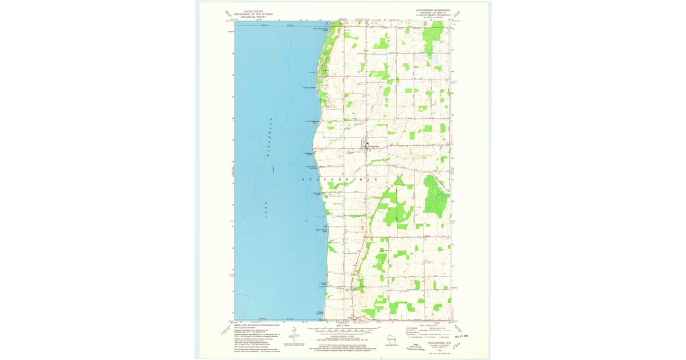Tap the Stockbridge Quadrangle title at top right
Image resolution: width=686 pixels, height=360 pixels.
click(433, 10)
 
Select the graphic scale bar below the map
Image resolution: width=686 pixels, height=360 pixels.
click(343, 330)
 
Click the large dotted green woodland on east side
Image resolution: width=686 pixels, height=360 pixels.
click(434, 196)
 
